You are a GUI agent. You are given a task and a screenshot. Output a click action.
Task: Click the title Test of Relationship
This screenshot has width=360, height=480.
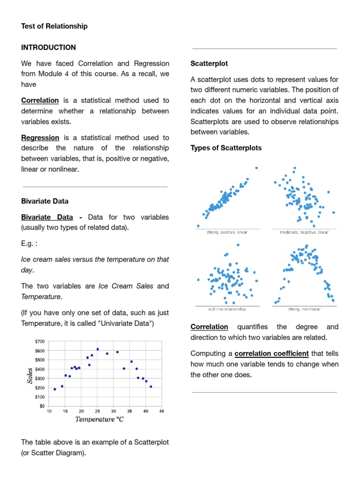tap(54, 26)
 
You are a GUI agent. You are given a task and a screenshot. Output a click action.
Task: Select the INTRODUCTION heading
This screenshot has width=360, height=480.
tap(48, 47)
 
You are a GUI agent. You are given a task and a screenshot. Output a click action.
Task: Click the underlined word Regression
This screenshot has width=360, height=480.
tap(40, 138)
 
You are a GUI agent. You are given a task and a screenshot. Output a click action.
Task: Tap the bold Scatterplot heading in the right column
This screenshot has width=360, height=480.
tap(209, 63)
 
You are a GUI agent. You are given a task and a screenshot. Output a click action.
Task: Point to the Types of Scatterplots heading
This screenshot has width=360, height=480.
tap(226, 148)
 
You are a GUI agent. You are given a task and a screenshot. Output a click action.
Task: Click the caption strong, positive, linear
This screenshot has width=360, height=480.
tap(227, 232)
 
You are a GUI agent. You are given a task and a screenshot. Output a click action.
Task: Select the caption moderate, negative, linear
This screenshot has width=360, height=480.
tap(304, 232)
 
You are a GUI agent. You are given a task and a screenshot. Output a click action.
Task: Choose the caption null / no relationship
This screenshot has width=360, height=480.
tap(227, 309)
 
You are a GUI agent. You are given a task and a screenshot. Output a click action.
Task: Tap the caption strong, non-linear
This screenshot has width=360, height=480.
tap(304, 309)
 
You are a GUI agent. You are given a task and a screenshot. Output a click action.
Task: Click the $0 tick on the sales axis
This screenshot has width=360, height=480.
tap(42, 406)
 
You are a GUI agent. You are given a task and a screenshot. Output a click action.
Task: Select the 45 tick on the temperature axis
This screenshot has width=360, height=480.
tap(161, 412)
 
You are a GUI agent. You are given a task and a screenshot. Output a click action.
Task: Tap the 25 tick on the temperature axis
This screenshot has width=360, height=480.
tap(97, 412)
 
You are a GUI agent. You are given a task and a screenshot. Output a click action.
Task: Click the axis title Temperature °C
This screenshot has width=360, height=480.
tap(99, 419)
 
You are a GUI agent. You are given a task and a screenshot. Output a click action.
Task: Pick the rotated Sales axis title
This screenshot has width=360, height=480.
tap(30, 375)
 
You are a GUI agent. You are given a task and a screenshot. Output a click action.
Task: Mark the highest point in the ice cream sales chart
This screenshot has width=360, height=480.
tap(97, 349)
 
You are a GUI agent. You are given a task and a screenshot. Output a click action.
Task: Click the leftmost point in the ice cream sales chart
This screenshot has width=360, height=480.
tap(55, 389)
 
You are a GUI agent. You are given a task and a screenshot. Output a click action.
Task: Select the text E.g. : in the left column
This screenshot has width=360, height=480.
tap(29, 244)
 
